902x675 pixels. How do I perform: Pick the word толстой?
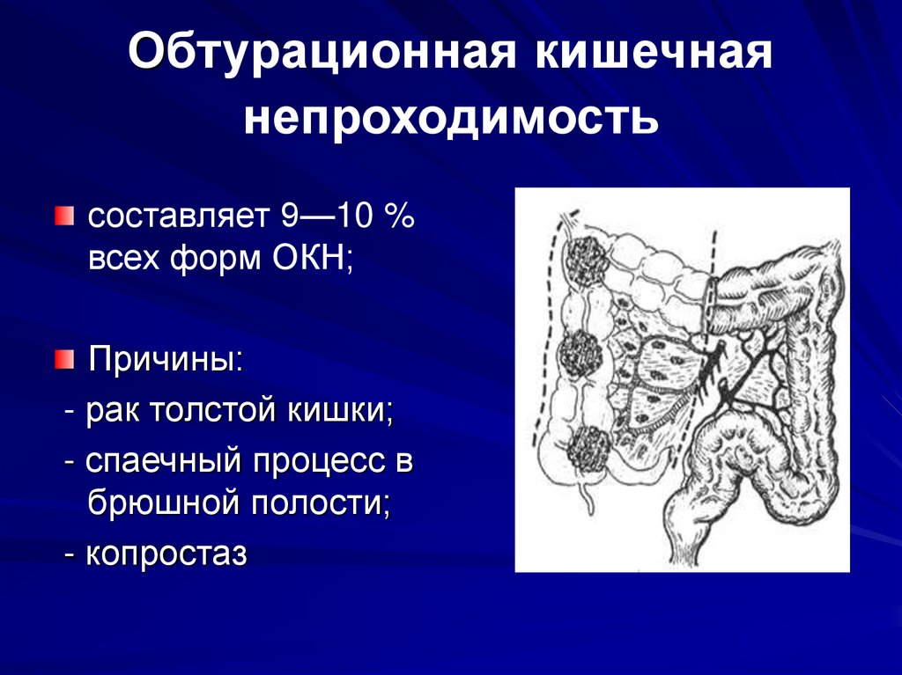pyautogui.click(x=203, y=410)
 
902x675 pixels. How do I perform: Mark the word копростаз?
pyautogui.click(x=167, y=554)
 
